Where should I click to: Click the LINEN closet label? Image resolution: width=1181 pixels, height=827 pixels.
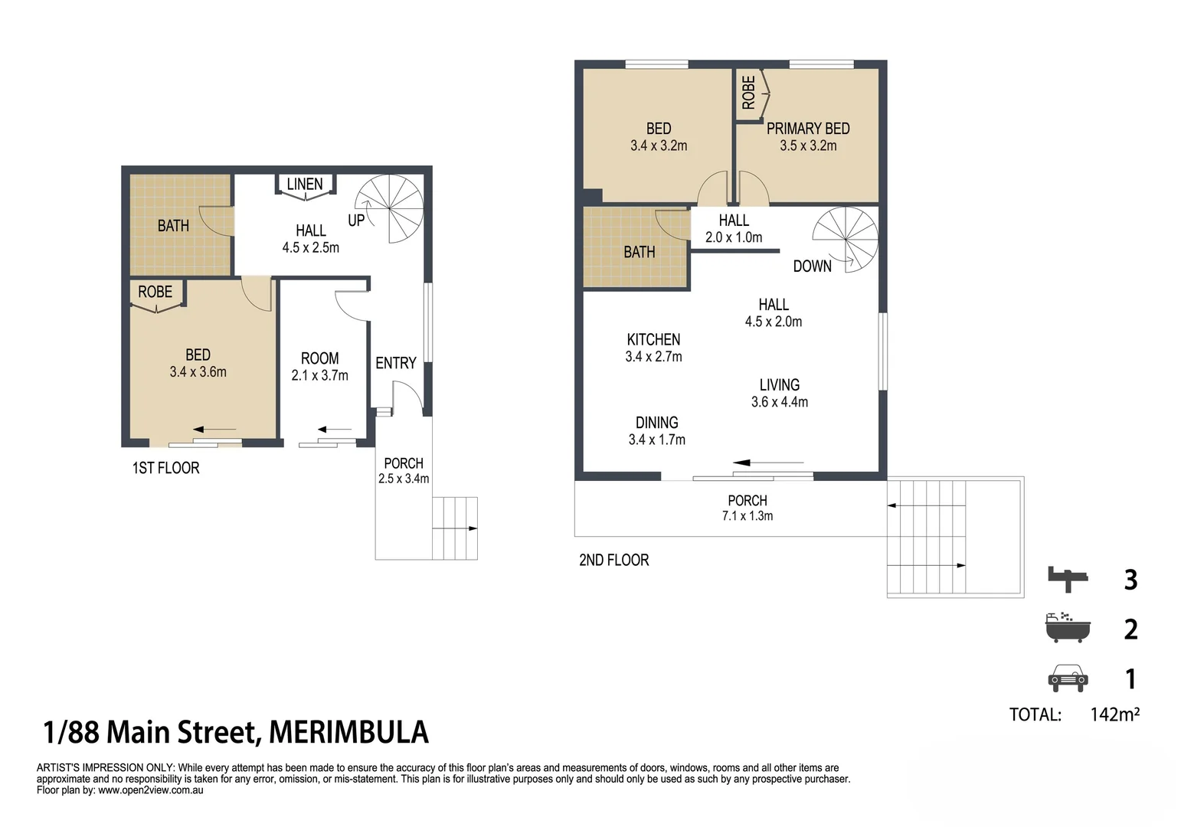tap(305, 184)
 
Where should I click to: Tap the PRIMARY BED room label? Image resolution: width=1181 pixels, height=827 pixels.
tap(808, 129)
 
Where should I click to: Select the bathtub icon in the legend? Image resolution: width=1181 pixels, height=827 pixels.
tap(1068, 628)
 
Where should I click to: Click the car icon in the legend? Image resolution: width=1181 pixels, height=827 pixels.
tap(1068, 678)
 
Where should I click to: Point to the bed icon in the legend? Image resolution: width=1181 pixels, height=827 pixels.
tap(1068, 579)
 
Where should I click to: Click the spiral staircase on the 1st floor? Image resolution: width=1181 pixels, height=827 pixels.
tap(390, 209)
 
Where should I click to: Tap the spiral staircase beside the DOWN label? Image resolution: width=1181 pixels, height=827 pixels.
tap(845, 240)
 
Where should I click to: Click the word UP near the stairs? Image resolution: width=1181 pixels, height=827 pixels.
tap(356, 221)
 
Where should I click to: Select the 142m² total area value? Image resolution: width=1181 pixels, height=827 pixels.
tap(1114, 714)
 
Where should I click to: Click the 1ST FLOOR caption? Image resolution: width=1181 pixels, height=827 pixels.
tap(165, 468)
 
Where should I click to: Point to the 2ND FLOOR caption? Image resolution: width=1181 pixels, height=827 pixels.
tap(613, 560)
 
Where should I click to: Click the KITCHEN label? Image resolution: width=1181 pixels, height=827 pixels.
tap(653, 339)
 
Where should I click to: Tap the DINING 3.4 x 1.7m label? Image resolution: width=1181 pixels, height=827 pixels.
tap(656, 431)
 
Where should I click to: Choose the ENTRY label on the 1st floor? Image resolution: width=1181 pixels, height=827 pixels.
tap(395, 363)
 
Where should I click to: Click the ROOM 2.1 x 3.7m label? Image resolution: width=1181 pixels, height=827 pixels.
tap(319, 367)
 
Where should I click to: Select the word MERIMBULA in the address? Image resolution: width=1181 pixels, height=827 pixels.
tap(348, 733)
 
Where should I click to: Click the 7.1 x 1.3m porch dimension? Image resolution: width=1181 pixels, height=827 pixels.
tap(747, 516)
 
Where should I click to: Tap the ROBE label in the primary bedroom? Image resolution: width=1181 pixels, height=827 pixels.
tap(748, 92)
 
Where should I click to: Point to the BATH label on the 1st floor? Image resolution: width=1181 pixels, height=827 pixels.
tap(173, 226)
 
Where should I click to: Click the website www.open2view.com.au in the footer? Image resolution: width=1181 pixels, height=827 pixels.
tap(151, 790)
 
